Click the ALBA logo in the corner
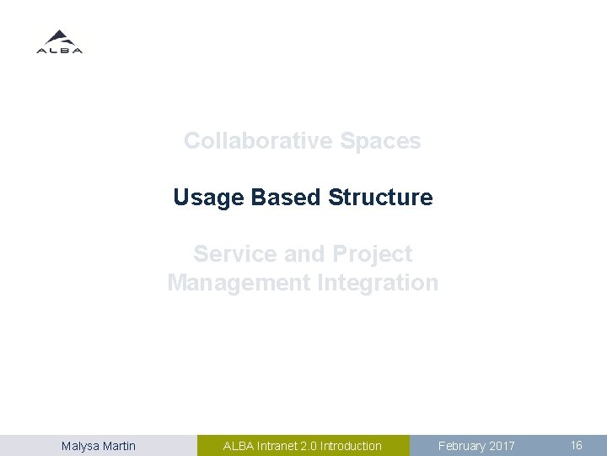click(x=59, y=41)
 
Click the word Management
click(x=239, y=282)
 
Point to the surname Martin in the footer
click(x=118, y=445)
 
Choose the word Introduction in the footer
click(x=351, y=445)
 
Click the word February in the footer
click(x=462, y=445)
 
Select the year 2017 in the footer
click(x=502, y=445)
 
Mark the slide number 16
click(x=577, y=444)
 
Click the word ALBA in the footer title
click(x=238, y=445)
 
